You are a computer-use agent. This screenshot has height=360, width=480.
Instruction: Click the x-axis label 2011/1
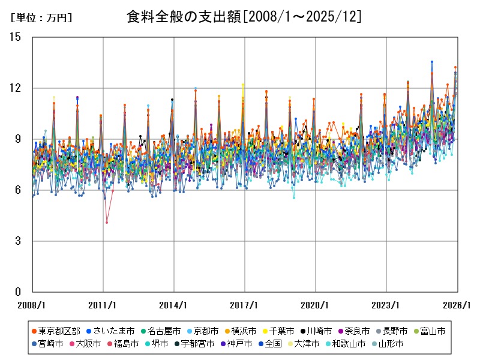click(103, 305)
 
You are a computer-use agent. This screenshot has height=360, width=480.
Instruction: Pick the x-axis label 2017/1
click(245, 305)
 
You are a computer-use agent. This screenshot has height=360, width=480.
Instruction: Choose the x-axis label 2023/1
click(386, 305)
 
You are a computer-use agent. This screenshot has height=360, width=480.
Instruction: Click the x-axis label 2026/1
click(457, 305)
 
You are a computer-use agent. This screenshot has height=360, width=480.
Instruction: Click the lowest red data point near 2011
click(107, 223)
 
